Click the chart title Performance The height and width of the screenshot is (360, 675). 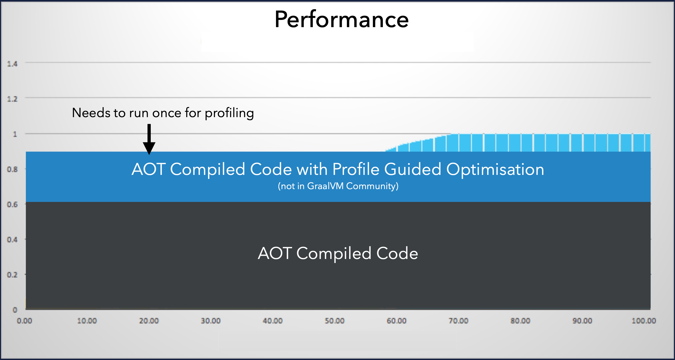(342, 19)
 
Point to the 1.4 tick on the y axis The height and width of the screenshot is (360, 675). (12, 64)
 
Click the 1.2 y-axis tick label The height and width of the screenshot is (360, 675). (12, 99)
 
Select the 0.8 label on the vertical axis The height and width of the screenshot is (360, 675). (12, 170)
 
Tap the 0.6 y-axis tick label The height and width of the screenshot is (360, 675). (12, 205)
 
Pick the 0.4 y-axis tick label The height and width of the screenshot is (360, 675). (12, 240)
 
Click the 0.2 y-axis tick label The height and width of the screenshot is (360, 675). (12, 275)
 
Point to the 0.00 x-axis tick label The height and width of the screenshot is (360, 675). (24, 321)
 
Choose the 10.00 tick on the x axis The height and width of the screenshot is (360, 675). (87, 321)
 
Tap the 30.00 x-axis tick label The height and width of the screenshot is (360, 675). (211, 321)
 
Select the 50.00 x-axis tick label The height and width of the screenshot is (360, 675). (335, 321)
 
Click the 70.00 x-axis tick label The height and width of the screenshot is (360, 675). (458, 321)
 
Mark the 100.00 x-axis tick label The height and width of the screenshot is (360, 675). (644, 321)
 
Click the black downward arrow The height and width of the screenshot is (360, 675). (149, 139)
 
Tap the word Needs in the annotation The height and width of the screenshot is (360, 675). (91, 113)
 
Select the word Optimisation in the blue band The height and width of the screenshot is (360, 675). (495, 169)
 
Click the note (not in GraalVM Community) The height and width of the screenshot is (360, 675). (338, 186)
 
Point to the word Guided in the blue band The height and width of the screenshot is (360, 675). (412, 169)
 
